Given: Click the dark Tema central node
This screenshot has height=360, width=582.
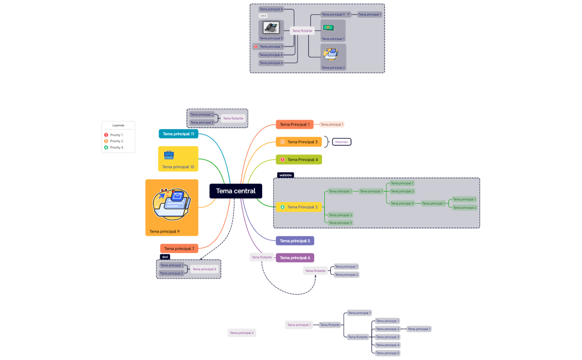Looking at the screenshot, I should (x=236, y=191).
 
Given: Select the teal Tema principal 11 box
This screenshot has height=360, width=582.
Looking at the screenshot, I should (x=178, y=133).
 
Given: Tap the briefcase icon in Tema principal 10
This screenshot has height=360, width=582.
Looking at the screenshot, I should (x=169, y=155).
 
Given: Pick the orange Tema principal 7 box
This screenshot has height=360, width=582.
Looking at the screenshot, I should (x=179, y=249).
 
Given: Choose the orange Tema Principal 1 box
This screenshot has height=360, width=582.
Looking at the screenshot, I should (x=294, y=125).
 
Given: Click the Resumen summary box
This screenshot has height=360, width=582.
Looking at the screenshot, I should (x=342, y=142).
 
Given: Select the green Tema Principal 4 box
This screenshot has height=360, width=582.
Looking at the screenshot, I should (x=299, y=160).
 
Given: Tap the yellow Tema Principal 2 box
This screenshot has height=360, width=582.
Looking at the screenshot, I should (x=299, y=207).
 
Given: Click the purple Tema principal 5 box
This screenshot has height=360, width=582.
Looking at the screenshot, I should (x=295, y=241).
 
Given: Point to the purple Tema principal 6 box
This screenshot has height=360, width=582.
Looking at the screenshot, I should (x=295, y=258).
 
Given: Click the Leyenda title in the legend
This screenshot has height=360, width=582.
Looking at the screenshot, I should (x=118, y=125).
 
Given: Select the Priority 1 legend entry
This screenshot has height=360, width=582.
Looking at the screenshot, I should (x=116, y=135).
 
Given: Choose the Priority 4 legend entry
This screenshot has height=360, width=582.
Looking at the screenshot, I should (x=116, y=147).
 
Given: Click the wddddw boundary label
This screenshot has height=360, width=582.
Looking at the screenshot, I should (x=285, y=175).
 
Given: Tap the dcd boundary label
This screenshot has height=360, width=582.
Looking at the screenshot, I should (x=165, y=257).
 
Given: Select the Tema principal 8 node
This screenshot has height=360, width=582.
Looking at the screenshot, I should (x=205, y=269).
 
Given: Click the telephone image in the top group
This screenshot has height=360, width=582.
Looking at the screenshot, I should (x=271, y=28).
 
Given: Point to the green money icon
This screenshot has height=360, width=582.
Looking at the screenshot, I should (x=328, y=27).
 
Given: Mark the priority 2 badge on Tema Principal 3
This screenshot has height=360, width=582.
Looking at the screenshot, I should (x=282, y=142).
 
